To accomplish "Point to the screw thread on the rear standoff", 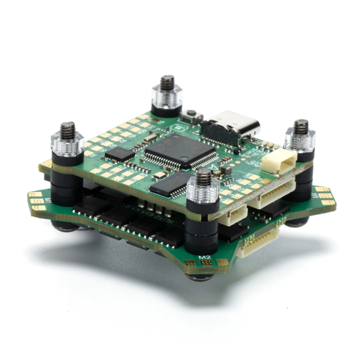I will tap(167, 82).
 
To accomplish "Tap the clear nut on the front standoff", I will tap(203, 191).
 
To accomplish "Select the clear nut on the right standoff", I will tap(300, 139).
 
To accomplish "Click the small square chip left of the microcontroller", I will tap(120, 154).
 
